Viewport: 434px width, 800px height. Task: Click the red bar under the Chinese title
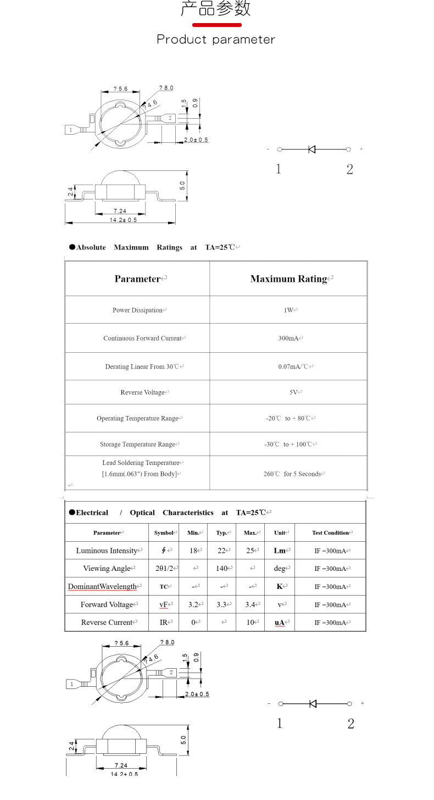216,25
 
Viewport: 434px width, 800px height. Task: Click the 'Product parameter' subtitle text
216,40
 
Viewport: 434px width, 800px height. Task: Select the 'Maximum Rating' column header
288,279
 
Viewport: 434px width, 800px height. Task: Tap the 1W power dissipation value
288,310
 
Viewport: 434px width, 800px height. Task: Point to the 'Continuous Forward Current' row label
142,338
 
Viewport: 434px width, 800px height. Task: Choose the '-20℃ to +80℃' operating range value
288,419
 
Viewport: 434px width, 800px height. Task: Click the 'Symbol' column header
164,533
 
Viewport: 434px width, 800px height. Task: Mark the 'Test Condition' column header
330,533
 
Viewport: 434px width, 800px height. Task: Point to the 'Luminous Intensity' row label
107,551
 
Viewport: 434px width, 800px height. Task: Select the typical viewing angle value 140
222,569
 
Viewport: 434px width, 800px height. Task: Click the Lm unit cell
280,551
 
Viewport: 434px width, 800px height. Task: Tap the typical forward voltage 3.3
222,605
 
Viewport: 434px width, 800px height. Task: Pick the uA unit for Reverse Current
280,623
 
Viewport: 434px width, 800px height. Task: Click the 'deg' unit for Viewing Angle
280,569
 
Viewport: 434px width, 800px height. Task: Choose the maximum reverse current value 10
250,623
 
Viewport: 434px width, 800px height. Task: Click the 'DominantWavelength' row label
102,587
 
